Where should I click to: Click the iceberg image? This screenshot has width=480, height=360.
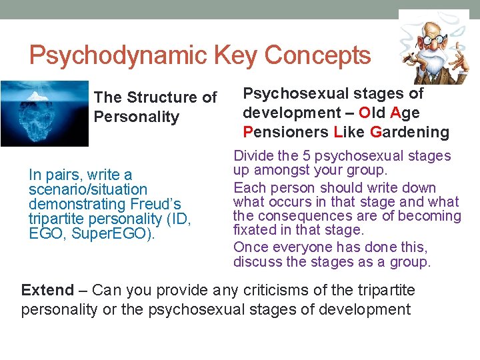[44, 113]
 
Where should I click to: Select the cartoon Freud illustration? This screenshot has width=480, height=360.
[433, 47]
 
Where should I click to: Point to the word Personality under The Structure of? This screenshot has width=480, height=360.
[137, 117]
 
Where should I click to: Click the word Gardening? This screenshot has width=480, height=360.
[409, 131]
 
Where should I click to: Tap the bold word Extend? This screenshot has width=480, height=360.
[47, 290]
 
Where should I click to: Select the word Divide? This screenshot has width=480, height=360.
[252, 156]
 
